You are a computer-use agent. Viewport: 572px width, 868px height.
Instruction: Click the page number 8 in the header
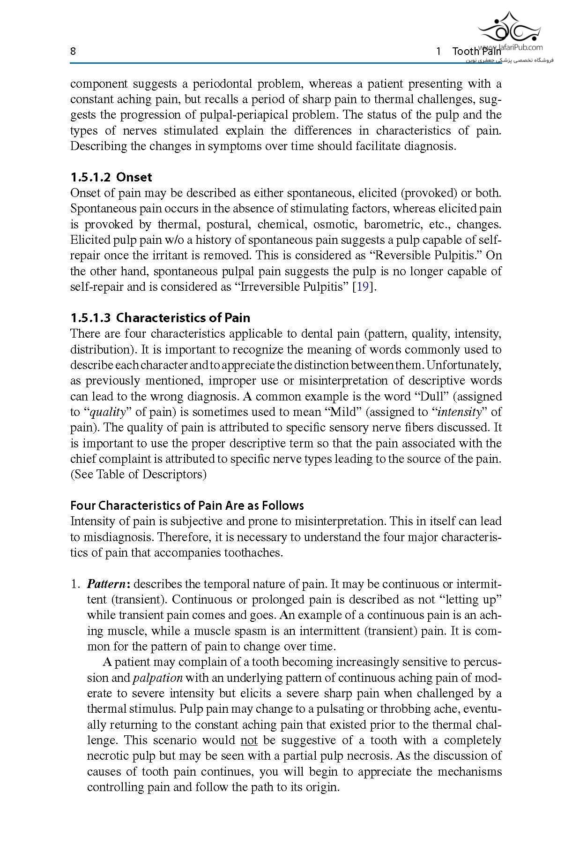click(73, 51)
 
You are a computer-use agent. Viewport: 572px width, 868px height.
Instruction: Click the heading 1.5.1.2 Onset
click(111, 177)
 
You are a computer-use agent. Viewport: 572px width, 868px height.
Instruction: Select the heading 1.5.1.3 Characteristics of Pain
click(160, 317)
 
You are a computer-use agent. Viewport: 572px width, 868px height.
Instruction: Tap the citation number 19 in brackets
click(363, 287)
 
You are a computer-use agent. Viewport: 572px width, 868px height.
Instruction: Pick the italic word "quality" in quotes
click(108, 412)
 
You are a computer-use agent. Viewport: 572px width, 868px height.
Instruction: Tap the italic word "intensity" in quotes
click(459, 412)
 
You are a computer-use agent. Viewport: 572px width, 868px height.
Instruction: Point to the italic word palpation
click(158, 678)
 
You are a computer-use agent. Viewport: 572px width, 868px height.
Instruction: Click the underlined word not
click(249, 740)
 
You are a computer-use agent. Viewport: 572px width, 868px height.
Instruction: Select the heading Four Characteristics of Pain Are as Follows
click(187, 505)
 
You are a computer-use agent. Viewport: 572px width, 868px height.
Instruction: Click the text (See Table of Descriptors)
click(138, 474)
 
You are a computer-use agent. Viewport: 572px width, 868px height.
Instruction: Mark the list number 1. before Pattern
click(75, 584)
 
